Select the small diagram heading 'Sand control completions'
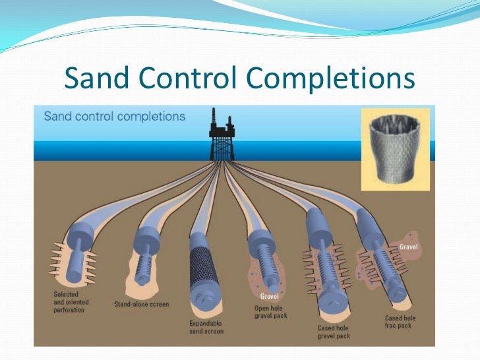[x=114, y=117]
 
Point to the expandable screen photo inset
[x=395, y=150]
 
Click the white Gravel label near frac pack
[x=408, y=247]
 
